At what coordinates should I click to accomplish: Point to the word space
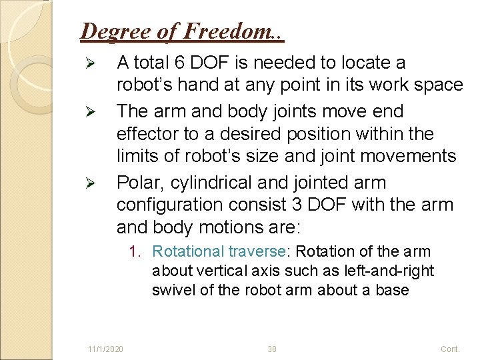point(437,85)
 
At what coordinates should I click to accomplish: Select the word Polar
point(139,182)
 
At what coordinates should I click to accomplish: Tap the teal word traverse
point(256,251)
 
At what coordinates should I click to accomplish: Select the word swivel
point(172,290)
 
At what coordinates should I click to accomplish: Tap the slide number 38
point(272,349)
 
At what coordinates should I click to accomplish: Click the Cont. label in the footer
point(450,349)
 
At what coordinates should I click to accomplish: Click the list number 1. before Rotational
point(136,251)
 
